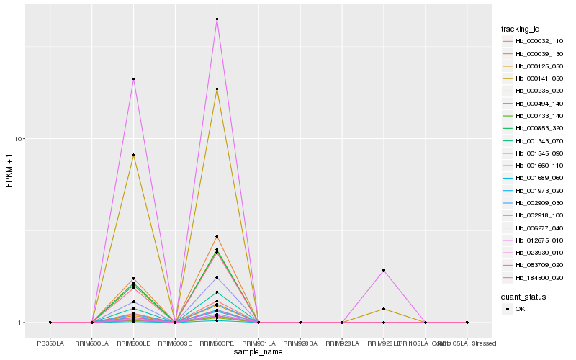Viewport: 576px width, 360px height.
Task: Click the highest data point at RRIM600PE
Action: pos(217,19)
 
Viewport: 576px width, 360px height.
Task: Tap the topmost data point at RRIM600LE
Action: pos(133,78)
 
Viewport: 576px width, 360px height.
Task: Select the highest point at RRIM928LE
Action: pos(384,271)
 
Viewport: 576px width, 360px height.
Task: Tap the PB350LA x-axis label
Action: pos(50,343)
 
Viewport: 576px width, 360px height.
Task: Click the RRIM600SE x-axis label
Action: pos(175,343)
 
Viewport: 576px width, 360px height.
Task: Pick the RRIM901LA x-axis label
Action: pos(258,343)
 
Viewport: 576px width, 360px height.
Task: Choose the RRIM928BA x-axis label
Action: pos(300,343)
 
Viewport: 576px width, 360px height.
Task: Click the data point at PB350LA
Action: pos(50,323)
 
